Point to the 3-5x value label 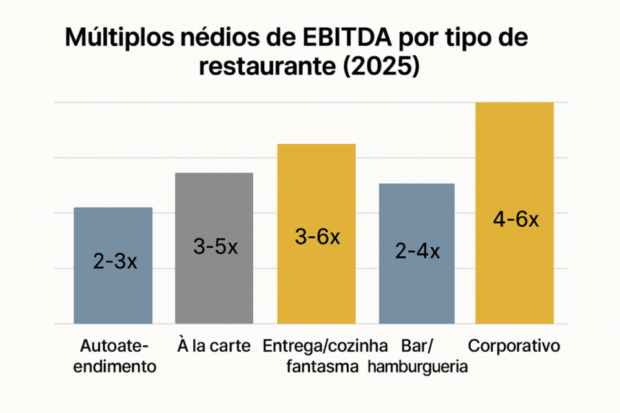[215, 247]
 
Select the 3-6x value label [317, 237]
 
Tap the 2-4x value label [417, 252]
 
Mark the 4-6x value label [515, 219]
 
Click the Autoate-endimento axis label [115, 356]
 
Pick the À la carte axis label [213, 346]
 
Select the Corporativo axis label [514, 346]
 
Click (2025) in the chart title [381, 67]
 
